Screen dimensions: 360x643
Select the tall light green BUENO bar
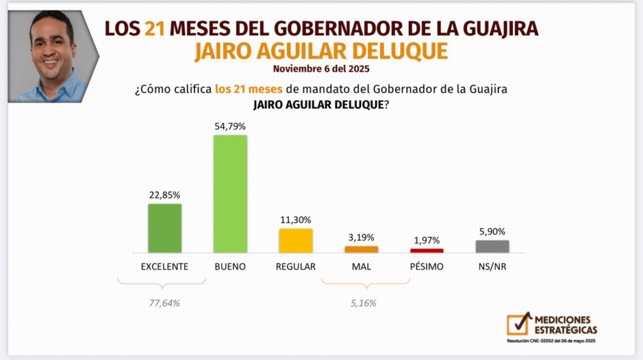230,194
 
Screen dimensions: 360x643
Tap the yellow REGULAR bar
296,241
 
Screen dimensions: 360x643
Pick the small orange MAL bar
362,249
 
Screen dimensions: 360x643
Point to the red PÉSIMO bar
427,251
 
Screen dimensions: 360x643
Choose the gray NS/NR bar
492,246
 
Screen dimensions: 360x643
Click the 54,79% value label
230,126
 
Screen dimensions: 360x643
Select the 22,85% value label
165,195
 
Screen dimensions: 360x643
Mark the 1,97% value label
427,240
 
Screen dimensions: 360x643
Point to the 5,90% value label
492,231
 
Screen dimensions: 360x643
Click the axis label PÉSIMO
427,266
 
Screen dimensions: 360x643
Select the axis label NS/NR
492,266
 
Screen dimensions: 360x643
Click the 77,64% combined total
165,303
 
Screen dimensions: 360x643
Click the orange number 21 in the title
154,28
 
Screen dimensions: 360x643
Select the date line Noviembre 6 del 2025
321,68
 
